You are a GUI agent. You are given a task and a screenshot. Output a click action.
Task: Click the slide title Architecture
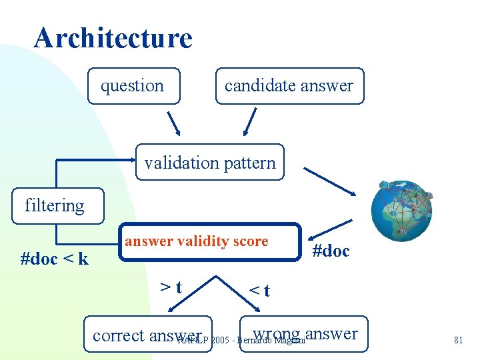tap(113, 38)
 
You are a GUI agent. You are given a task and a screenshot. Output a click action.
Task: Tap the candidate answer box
tap(289, 86)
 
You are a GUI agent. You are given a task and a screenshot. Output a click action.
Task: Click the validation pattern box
tap(210, 163)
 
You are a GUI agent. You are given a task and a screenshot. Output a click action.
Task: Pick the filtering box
tap(55, 206)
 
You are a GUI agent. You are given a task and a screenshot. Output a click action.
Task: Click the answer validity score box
tap(210, 241)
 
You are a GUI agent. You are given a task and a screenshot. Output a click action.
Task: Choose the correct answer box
tap(147, 335)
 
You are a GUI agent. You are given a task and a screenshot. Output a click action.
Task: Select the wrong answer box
tap(305, 333)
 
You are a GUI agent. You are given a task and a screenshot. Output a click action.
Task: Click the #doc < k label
tap(55, 259)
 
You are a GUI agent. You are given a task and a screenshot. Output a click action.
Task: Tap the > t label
tap(172, 287)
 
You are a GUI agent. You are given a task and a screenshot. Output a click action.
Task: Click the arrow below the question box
tap(173, 123)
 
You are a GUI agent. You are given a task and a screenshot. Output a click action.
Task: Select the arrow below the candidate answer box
tap(249, 123)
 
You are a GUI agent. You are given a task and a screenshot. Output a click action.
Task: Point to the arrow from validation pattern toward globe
tap(330, 181)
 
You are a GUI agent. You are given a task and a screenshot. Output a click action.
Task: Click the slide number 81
tap(458, 340)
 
